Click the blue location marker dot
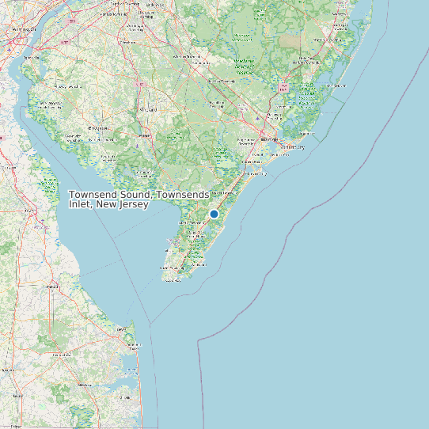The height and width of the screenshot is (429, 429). point(214,214)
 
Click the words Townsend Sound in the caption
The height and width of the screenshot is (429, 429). point(112,195)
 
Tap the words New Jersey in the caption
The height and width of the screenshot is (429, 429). point(123,205)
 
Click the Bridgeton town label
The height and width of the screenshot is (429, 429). point(99,127)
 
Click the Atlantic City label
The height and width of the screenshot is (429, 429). point(294,147)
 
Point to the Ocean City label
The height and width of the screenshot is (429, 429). point(256,173)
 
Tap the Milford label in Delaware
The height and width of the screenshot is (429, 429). point(52,286)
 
